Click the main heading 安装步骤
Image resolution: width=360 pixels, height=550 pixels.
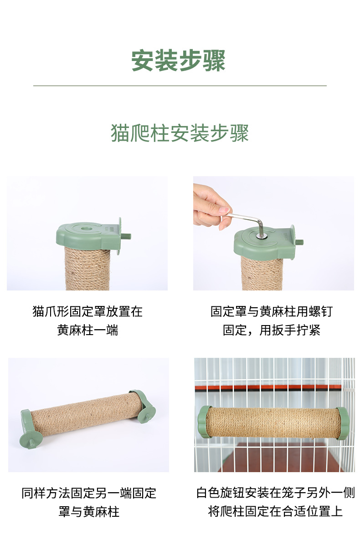179,61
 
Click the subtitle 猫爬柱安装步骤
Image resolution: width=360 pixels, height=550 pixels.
180,133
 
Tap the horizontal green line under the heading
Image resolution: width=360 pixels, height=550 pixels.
180,86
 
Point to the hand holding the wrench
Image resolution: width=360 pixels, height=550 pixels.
209,205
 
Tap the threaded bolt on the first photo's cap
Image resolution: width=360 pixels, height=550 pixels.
126,237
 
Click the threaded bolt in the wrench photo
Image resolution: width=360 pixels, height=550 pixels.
299,242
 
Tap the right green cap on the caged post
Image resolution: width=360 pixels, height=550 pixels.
343,423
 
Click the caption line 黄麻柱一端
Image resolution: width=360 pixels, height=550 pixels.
87,330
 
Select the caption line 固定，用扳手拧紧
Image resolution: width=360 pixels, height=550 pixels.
272,330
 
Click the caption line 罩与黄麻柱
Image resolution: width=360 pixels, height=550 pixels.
89,511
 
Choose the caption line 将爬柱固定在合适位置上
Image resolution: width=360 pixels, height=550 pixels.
275,511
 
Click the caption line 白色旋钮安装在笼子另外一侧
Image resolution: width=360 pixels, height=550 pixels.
275,493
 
